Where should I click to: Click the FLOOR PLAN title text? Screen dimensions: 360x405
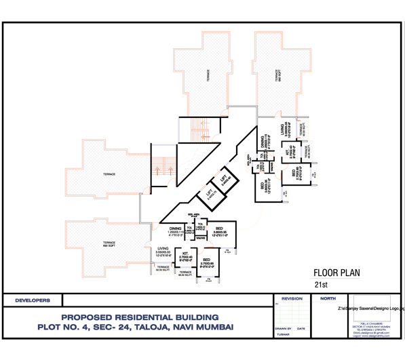tap(336, 274)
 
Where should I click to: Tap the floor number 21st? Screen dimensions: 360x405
tap(321, 286)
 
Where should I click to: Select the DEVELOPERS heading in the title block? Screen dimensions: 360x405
tap(33, 300)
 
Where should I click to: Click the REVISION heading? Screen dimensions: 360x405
tap(292, 298)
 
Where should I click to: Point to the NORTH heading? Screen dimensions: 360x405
tap(328, 298)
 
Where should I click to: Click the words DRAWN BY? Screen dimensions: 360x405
tap(284, 328)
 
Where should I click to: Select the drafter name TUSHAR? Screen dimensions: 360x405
tap(283, 334)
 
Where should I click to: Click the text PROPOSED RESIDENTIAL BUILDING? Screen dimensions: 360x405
tap(140, 317)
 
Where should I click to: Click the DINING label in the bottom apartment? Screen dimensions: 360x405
tap(175, 229)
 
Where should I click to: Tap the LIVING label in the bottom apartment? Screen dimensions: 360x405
tap(163, 249)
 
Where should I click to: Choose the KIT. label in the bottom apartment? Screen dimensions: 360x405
tap(184, 254)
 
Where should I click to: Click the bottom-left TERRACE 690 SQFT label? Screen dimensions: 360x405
tap(109, 243)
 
